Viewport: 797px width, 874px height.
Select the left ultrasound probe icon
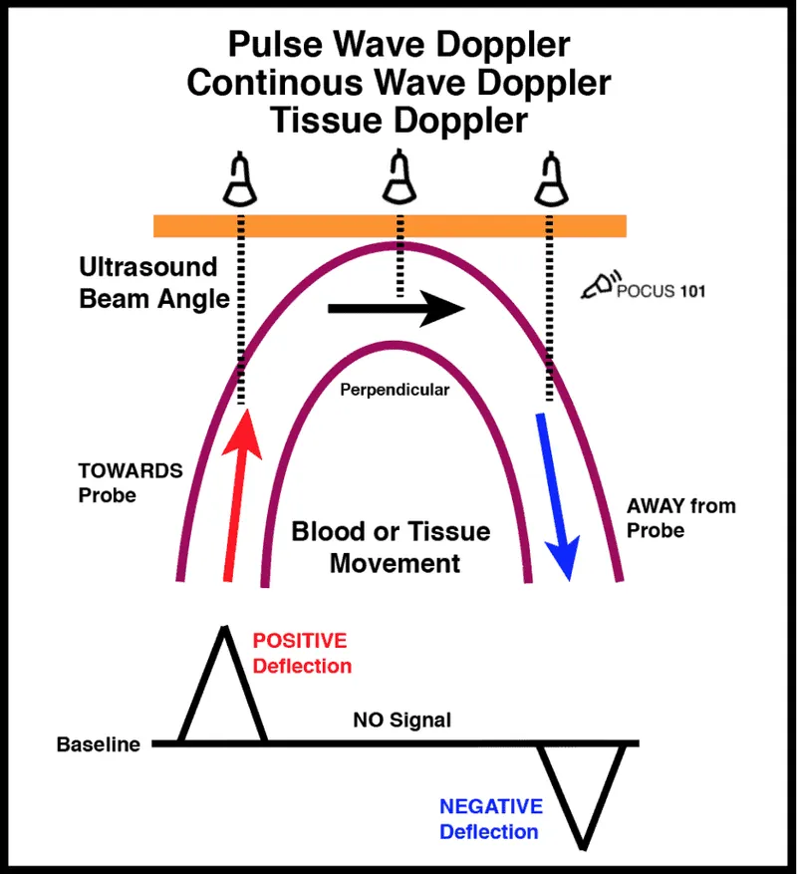[x=239, y=179]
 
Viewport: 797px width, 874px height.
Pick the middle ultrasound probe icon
[x=399, y=179]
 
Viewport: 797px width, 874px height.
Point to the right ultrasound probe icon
[x=547, y=179]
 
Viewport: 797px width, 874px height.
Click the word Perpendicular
[x=396, y=390]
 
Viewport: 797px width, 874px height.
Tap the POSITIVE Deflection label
[x=301, y=653]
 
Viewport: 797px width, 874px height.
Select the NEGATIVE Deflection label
[x=490, y=818]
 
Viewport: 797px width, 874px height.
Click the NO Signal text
[x=401, y=720]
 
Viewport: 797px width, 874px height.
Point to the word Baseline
[x=98, y=744]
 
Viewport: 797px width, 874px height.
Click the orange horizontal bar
[x=389, y=226]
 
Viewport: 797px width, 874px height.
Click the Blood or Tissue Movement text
[x=391, y=546]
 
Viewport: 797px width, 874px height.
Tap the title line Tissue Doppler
[x=398, y=121]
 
